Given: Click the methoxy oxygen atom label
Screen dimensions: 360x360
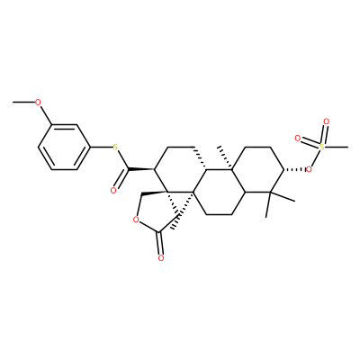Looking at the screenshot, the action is coord(38,103).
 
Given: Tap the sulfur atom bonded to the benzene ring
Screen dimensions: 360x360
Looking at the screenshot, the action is coord(114,148).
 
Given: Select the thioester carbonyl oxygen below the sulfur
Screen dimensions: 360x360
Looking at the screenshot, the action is coord(113,190).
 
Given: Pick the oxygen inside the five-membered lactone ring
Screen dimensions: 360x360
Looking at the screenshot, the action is coord(136,220).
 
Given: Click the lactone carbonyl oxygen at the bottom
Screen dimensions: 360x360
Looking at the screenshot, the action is coord(161,257).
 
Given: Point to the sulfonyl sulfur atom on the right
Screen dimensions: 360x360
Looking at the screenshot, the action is coord(322,147).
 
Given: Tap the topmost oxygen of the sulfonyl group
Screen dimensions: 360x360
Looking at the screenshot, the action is coord(326,122).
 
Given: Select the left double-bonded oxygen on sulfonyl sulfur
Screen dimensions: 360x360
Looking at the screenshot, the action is coord(298,139).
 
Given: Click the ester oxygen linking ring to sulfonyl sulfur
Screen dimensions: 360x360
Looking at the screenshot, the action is coord(309,170).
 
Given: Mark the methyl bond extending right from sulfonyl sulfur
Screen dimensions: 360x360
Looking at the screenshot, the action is coord(337,148).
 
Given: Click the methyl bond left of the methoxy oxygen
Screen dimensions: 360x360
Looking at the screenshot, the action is coord(23,103).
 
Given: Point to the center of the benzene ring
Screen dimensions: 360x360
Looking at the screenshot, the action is coord(64,148).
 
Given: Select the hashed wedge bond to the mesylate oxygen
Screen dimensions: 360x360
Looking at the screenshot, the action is coord(294,170).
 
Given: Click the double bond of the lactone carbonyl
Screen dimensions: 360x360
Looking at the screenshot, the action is coord(161,243).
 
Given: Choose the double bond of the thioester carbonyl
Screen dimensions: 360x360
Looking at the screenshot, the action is coord(121,178).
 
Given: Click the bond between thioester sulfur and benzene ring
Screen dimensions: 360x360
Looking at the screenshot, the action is coord(101,148).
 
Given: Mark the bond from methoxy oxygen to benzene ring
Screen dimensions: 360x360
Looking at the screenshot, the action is coord(45,115).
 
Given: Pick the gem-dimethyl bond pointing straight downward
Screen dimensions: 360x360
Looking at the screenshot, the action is coord(268,204).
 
